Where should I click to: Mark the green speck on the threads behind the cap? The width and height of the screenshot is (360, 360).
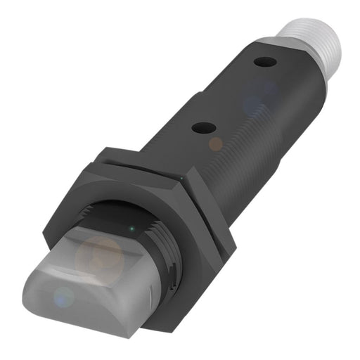(x=131, y=229)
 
